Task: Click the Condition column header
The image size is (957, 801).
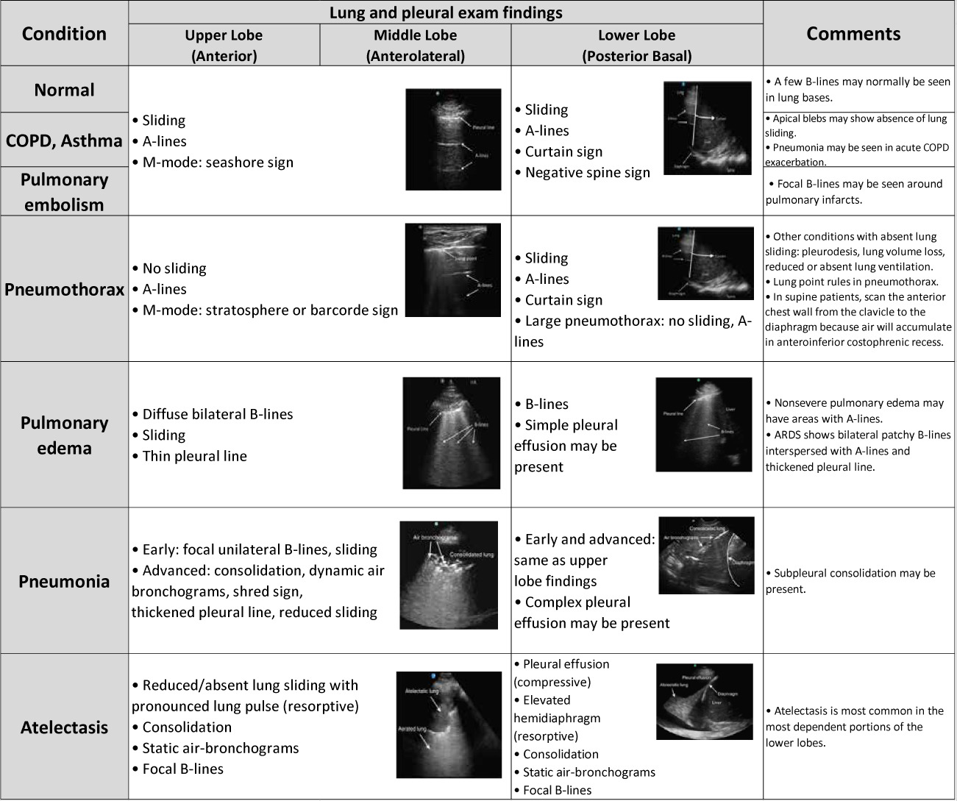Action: pyautogui.click(x=64, y=34)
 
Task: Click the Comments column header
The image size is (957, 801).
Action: pyautogui.click(x=853, y=34)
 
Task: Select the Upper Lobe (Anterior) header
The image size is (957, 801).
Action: pyautogui.click(x=224, y=46)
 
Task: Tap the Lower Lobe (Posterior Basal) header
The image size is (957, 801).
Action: pyautogui.click(x=636, y=46)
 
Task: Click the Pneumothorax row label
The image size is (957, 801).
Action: pyautogui.click(x=64, y=289)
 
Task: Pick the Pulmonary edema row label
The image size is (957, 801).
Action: pyautogui.click(x=64, y=435)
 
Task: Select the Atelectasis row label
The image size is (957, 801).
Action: pyautogui.click(x=64, y=727)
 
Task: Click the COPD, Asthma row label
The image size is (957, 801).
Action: pyautogui.click(x=64, y=140)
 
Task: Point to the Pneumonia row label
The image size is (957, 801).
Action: pyautogui.click(x=64, y=581)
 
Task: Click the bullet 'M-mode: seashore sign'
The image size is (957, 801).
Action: pyautogui.click(x=217, y=163)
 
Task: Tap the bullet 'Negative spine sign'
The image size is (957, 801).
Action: pyautogui.click(x=587, y=173)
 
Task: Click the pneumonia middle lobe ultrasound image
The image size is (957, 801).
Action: pyautogui.click(x=448, y=574)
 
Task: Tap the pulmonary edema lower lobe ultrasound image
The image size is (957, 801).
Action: pyautogui.click(x=703, y=424)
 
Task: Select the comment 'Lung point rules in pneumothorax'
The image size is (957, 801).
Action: pyautogui.click(x=855, y=282)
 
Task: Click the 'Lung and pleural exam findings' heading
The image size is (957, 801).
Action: pyautogui.click(x=446, y=13)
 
